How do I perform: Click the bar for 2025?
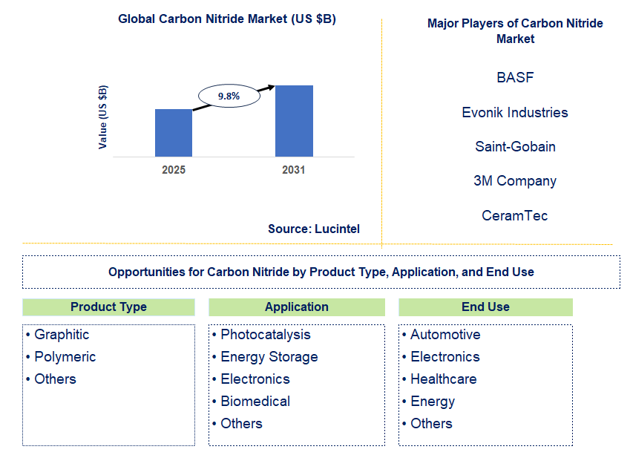[174, 133]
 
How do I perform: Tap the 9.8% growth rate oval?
[229, 96]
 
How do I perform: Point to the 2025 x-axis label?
[174, 170]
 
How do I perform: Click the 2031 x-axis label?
[294, 170]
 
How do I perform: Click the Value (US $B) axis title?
[103, 117]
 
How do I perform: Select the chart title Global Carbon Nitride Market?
[227, 19]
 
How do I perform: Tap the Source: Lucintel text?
[314, 229]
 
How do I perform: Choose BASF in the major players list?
[515, 77]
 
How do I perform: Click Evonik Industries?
[515, 112]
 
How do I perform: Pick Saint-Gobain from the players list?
[515, 146]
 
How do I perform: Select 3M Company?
[515, 181]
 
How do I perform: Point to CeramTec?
[515, 215]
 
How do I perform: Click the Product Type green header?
[108, 307]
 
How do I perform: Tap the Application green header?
[297, 307]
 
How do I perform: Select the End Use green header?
[485, 307]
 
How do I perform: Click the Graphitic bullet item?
[62, 335]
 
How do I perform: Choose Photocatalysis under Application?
[266, 335]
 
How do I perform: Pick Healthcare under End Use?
[444, 379]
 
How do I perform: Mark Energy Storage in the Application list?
[269, 357]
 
